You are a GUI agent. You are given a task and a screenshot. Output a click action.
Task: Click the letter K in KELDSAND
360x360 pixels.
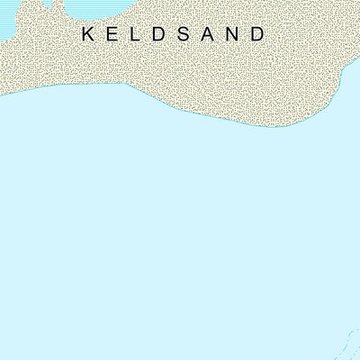[88, 34]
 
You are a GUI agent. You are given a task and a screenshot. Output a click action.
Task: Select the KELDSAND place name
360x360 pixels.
[174, 34]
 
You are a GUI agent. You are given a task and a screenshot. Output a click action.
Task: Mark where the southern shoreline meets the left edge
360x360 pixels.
[2, 92]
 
